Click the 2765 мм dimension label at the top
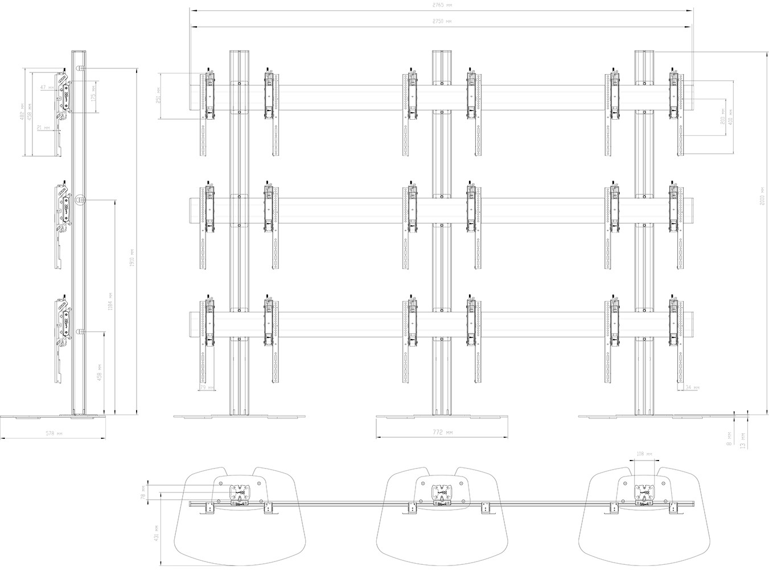[442, 5]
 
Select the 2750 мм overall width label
[442, 21]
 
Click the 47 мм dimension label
[48, 88]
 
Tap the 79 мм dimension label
[207, 388]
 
